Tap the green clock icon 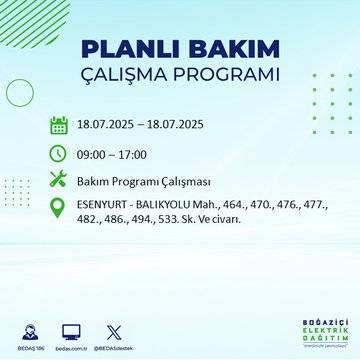click(58, 154)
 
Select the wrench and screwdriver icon click(58, 180)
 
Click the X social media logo click(113, 329)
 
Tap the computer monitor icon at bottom click(71, 329)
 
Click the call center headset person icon click(28, 328)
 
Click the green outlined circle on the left click(20, 92)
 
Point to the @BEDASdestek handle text click(113, 346)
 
